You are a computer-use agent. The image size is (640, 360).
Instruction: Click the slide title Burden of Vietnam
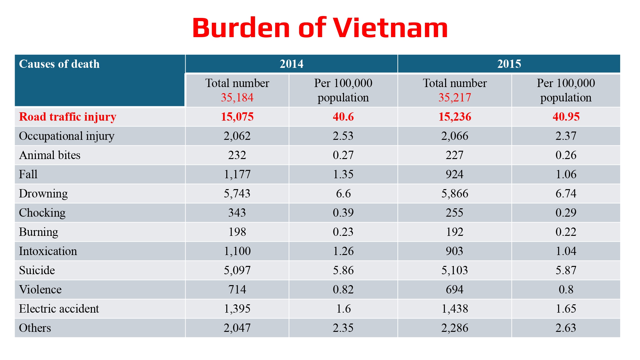pos(320,28)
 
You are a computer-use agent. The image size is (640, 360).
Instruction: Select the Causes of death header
pos(59,64)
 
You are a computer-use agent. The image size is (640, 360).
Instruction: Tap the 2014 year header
pos(292,64)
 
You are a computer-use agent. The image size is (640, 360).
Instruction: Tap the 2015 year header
pos(509,64)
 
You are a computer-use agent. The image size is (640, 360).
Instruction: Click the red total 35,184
pos(237,98)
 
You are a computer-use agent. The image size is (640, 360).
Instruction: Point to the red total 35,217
pos(455,98)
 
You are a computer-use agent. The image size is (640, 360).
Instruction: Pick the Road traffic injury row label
pos(68,117)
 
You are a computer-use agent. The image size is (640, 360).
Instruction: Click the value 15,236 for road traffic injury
pos(455,117)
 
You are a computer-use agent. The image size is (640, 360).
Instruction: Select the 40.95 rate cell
pos(566,117)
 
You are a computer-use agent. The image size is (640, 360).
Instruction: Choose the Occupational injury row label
pos(67,136)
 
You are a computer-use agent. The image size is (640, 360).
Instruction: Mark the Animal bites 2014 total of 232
pos(237,155)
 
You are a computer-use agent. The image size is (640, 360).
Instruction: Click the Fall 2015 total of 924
pos(455,174)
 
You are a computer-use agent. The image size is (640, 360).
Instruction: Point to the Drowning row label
pos(43,194)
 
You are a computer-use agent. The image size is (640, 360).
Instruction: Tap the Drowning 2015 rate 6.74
pos(566,194)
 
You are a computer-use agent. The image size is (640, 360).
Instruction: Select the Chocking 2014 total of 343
pos(237,213)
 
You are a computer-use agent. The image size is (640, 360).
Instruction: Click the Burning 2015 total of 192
pos(455,232)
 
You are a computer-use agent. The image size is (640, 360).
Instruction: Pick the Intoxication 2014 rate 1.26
pos(343,251)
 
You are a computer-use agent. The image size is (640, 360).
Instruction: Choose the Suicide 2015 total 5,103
pos(455,270)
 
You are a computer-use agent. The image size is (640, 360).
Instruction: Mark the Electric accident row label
pos(59,309)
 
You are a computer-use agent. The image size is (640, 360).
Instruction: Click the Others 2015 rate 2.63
pos(566,328)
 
